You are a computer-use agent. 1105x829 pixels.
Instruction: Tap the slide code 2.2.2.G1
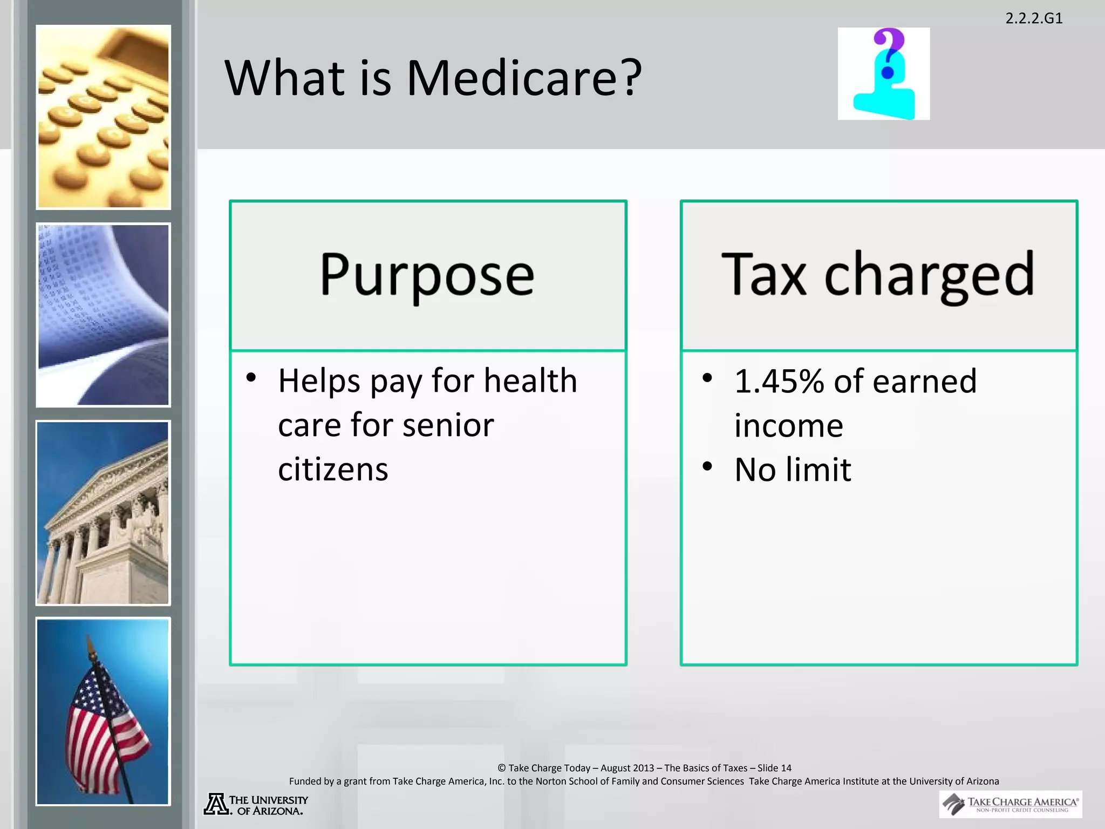coord(1034,18)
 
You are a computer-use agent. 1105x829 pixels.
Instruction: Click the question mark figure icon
coord(883,74)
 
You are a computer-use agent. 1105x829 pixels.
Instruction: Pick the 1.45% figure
coord(779,381)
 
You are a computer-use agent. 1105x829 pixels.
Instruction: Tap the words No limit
coord(793,470)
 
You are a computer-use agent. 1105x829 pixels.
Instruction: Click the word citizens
coord(333,470)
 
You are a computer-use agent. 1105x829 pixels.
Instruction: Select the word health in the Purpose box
coord(530,380)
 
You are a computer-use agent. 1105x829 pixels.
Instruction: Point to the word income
coord(788,426)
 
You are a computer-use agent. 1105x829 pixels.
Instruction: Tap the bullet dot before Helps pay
coord(251,377)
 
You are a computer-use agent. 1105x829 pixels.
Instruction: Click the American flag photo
coord(103,711)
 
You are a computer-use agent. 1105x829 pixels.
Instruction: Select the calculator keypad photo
coord(103,117)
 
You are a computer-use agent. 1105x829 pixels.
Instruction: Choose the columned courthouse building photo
coord(103,513)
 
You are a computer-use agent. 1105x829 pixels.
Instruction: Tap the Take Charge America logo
coord(1010,804)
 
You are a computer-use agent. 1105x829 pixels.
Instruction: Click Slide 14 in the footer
coord(774,768)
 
